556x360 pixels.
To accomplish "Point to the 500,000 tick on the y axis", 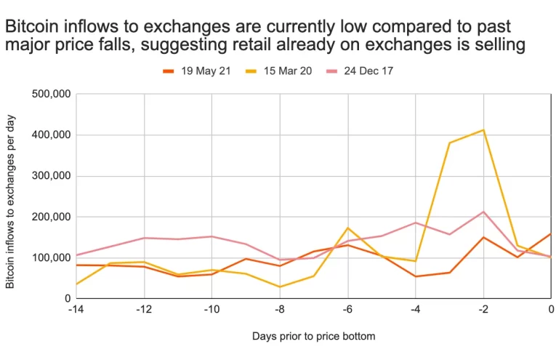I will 51,94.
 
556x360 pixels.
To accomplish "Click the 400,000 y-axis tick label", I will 51,135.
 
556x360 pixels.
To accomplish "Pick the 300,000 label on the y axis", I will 51,175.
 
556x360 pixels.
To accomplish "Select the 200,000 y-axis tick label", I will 51,217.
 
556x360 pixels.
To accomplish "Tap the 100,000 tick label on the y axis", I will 51,257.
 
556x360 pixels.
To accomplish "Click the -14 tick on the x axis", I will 76,309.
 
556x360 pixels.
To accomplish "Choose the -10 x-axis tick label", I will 211,309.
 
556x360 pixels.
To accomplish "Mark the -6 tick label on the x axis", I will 347,309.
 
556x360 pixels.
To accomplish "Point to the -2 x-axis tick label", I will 483,309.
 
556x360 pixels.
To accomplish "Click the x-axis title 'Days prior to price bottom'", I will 313,337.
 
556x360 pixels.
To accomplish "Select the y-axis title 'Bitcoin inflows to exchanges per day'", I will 10,196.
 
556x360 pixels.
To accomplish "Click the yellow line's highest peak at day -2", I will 483,130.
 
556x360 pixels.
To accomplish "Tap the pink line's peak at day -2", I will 483,212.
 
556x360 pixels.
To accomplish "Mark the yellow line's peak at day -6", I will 347,228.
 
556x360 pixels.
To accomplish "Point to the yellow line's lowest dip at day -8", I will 280,287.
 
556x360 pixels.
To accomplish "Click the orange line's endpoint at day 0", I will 550,234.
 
